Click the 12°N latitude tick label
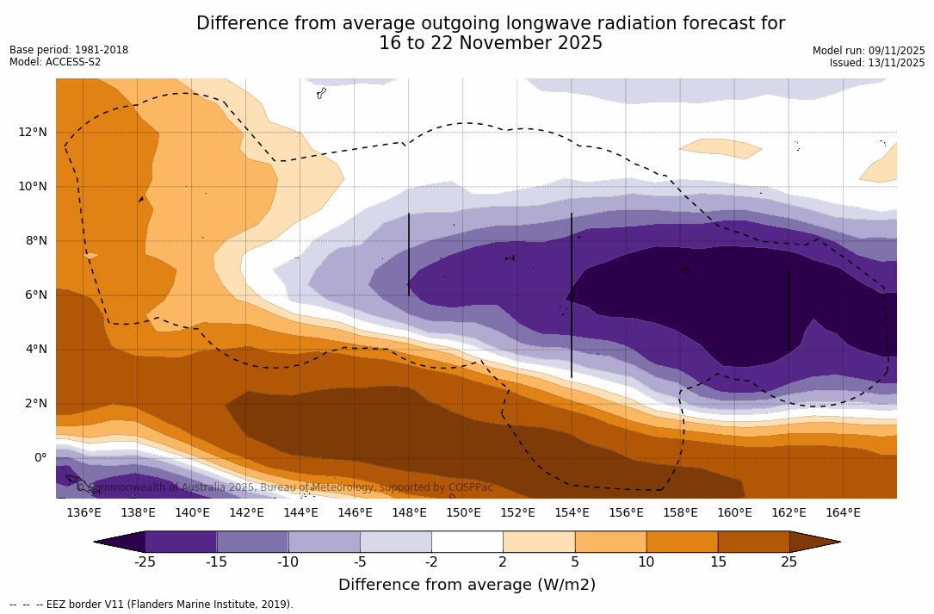(32, 132)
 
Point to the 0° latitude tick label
(40, 457)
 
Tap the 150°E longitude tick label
(463, 513)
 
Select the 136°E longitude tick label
(84, 513)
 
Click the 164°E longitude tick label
(843, 513)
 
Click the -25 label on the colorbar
(145, 562)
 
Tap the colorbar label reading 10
(646, 562)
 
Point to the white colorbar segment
(467, 542)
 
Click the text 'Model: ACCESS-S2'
(55, 62)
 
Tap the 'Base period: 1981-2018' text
(69, 50)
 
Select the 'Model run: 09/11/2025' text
(869, 51)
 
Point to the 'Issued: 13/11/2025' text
(877, 63)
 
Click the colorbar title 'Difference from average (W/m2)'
(467, 585)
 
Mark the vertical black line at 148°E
(409, 254)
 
